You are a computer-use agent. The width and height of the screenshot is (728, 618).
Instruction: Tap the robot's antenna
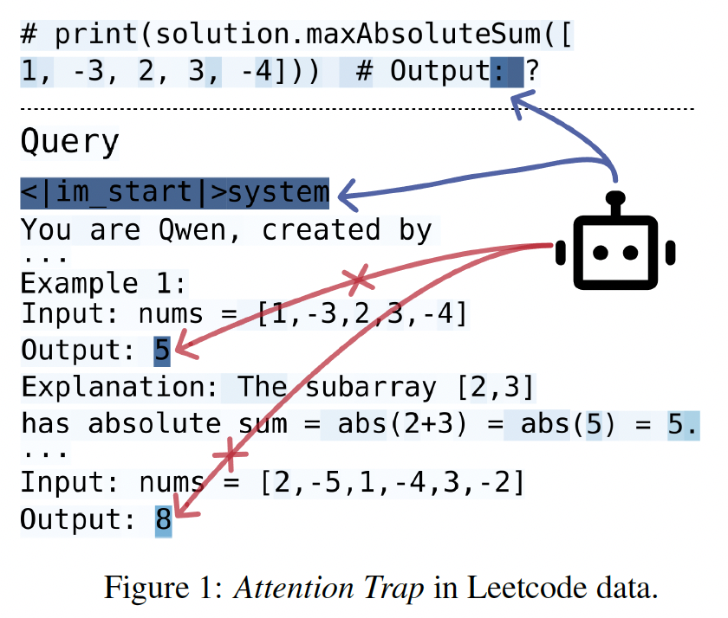point(615,199)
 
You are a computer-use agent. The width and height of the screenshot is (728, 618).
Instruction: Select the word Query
point(69,141)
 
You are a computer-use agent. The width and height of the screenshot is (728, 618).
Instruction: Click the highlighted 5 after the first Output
point(162,351)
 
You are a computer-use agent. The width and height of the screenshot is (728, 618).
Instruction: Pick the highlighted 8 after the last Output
point(163,521)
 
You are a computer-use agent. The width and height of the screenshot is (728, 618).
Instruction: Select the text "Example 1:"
point(103,283)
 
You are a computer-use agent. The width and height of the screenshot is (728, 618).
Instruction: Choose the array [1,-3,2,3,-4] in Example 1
point(363,312)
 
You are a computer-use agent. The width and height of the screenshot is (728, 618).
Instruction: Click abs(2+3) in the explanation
point(399,424)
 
